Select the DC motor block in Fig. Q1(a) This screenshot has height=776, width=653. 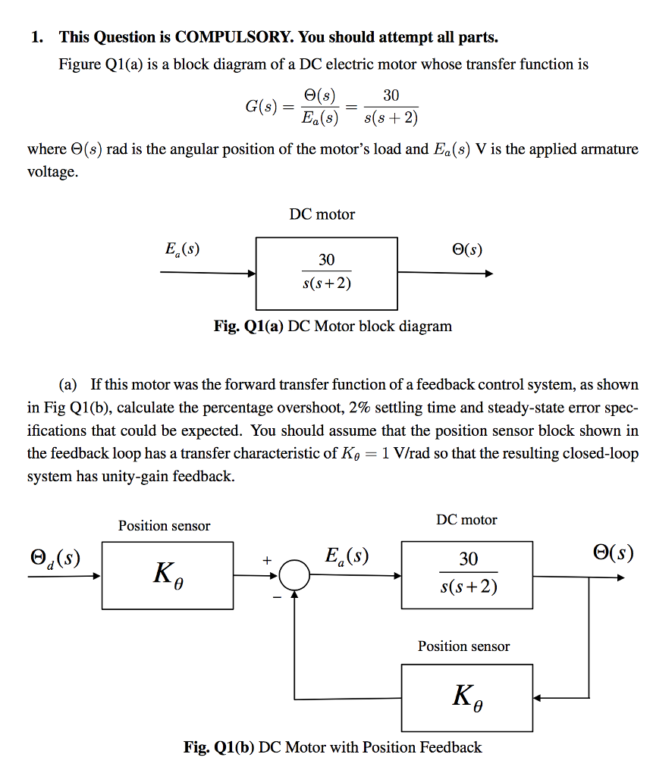(326, 273)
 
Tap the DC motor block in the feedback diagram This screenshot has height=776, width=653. (468, 574)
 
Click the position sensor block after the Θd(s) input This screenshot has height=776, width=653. (168, 576)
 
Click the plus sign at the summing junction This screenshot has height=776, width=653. (266, 561)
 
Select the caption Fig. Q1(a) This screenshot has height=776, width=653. (249, 327)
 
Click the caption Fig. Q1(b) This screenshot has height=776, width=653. (219, 747)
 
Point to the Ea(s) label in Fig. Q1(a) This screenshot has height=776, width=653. (182, 249)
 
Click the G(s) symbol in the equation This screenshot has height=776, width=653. (260, 106)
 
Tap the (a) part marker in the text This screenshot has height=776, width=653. (68, 385)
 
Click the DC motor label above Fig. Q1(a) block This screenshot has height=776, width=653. (322, 214)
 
